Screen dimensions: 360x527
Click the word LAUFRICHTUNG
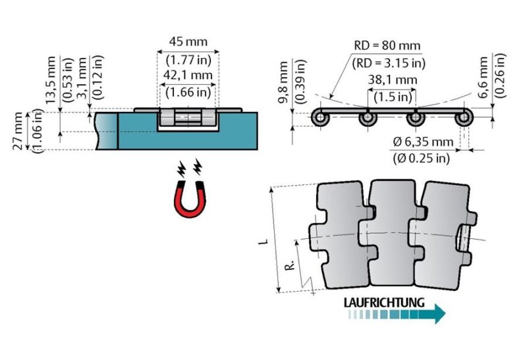tap(383, 303)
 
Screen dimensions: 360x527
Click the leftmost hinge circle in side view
tap(319, 118)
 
